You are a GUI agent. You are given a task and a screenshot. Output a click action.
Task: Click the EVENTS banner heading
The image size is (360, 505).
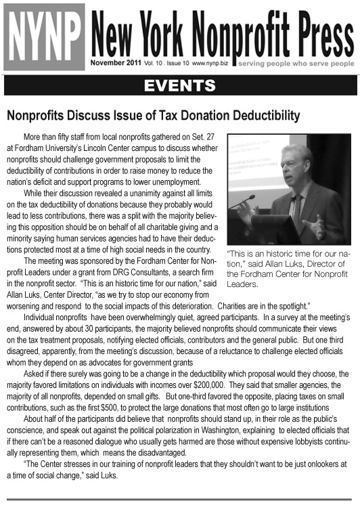pyautogui.click(x=180, y=85)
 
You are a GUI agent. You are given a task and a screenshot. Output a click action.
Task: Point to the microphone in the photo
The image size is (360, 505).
pyautogui.click(x=245, y=200)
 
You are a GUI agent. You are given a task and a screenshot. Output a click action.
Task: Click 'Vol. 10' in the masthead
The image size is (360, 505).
pyautogui.click(x=152, y=63)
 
